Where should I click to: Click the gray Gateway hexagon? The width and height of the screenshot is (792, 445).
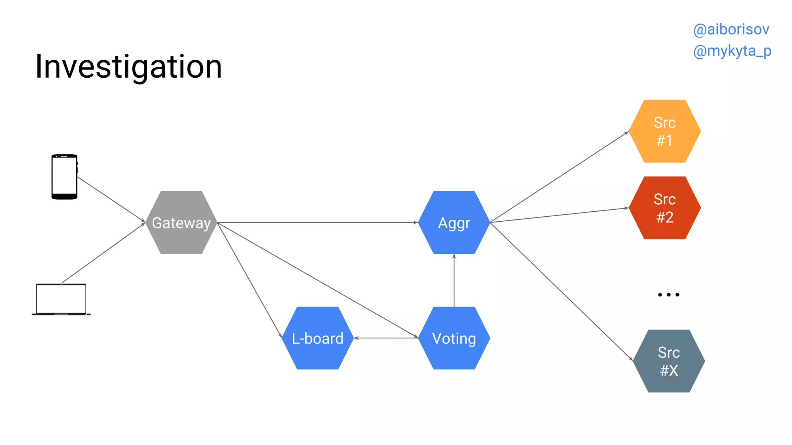click(x=181, y=222)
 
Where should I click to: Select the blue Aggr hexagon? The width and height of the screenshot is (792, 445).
click(x=454, y=222)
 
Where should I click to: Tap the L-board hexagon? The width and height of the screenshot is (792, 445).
click(x=317, y=338)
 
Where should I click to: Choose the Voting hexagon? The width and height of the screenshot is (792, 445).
click(x=454, y=338)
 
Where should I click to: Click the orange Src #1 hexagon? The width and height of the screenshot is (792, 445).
click(x=665, y=131)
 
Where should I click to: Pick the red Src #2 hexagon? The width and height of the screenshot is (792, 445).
click(x=665, y=208)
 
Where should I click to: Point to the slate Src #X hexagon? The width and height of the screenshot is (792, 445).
click(x=669, y=361)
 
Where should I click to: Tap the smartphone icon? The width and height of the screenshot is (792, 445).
click(x=65, y=177)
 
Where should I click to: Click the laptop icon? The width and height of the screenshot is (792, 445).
click(x=61, y=300)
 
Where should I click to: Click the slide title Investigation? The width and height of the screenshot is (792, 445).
click(x=128, y=66)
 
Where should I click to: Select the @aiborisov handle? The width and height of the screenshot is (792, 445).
click(x=731, y=29)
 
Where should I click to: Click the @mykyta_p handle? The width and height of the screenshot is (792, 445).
click(x=732, y=51)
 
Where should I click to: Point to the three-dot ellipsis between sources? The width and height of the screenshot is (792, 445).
click(x=668, y=295)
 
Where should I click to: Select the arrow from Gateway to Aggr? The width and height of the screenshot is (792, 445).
click(x=317, y=222)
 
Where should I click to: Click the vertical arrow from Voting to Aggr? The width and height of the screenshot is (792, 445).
click(x=454, y=280)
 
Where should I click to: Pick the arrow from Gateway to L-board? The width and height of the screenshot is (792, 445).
click(x=249, y=280)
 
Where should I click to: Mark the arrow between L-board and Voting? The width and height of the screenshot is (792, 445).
click(x=386, y=338)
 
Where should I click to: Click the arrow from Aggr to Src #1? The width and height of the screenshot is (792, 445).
click(x=559, y=177)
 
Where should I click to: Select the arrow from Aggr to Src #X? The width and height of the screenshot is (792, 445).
click(x=561, y=291)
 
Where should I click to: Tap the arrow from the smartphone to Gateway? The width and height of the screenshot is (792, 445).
click(x=111, y=199)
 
